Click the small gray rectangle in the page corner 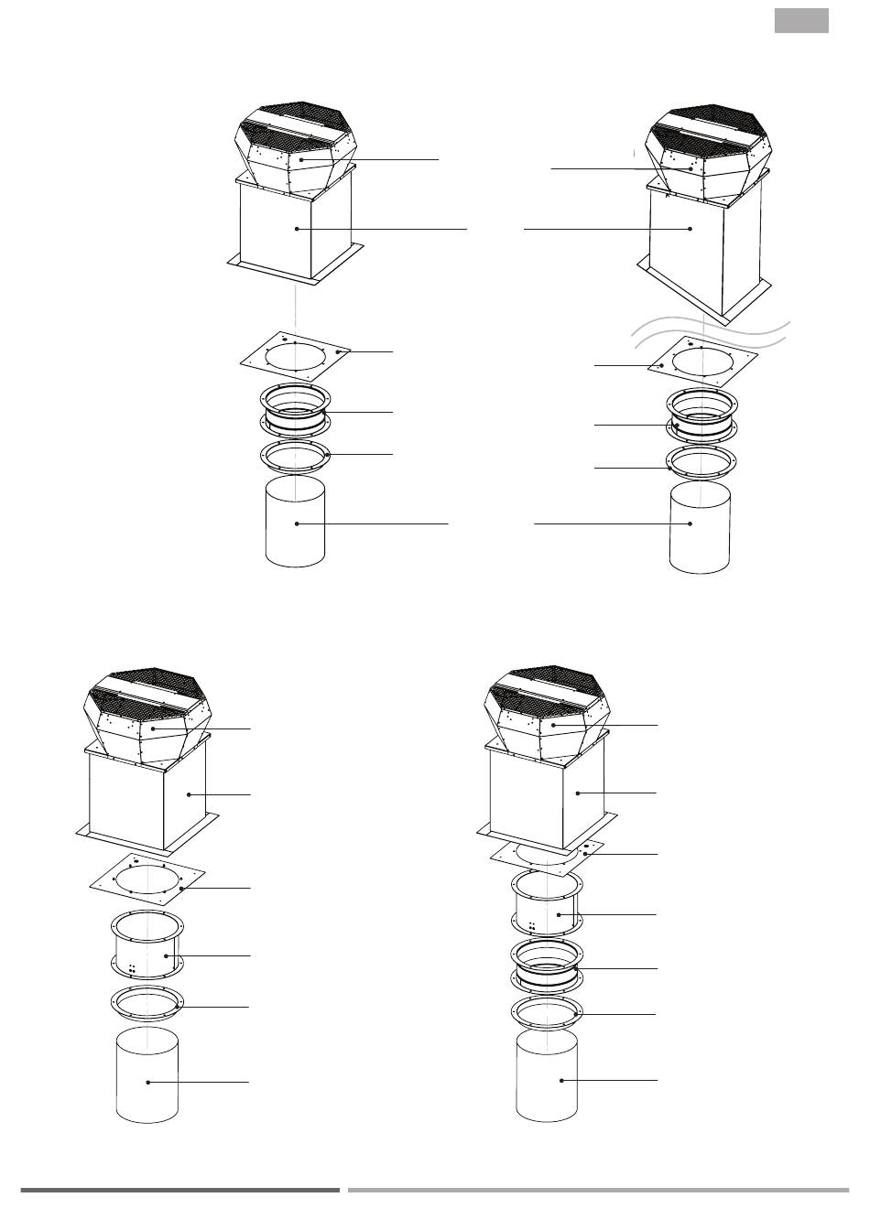[x=801, y=21]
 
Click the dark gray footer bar [x=179, y=1190]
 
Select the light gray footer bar [x=598, y=1190]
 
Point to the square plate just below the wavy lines [x=702, y=364]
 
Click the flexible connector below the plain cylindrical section [x=546, y=965]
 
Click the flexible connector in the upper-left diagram [x=295, y=411]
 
